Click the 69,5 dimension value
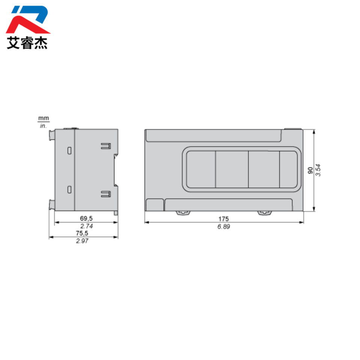pyautogui.click(x=86, y=218)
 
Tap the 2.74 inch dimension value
pyautogui.click(x=87, y=226)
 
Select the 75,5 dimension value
pyautogui.click(x=82, y=233)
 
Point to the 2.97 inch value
pyautogui.click(x=82, y=241)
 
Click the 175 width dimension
pyautogui.click(x=223, y=219)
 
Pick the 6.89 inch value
pyautogui.click(x=223, y=226)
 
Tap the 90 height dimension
pyautogui.click(x=310, y=170)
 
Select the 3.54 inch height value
pyautogui.click(x=318, y=170)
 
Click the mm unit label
pyautogui.click(x=43, y=118)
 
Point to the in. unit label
pyautogui.click(x=43, y=126)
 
